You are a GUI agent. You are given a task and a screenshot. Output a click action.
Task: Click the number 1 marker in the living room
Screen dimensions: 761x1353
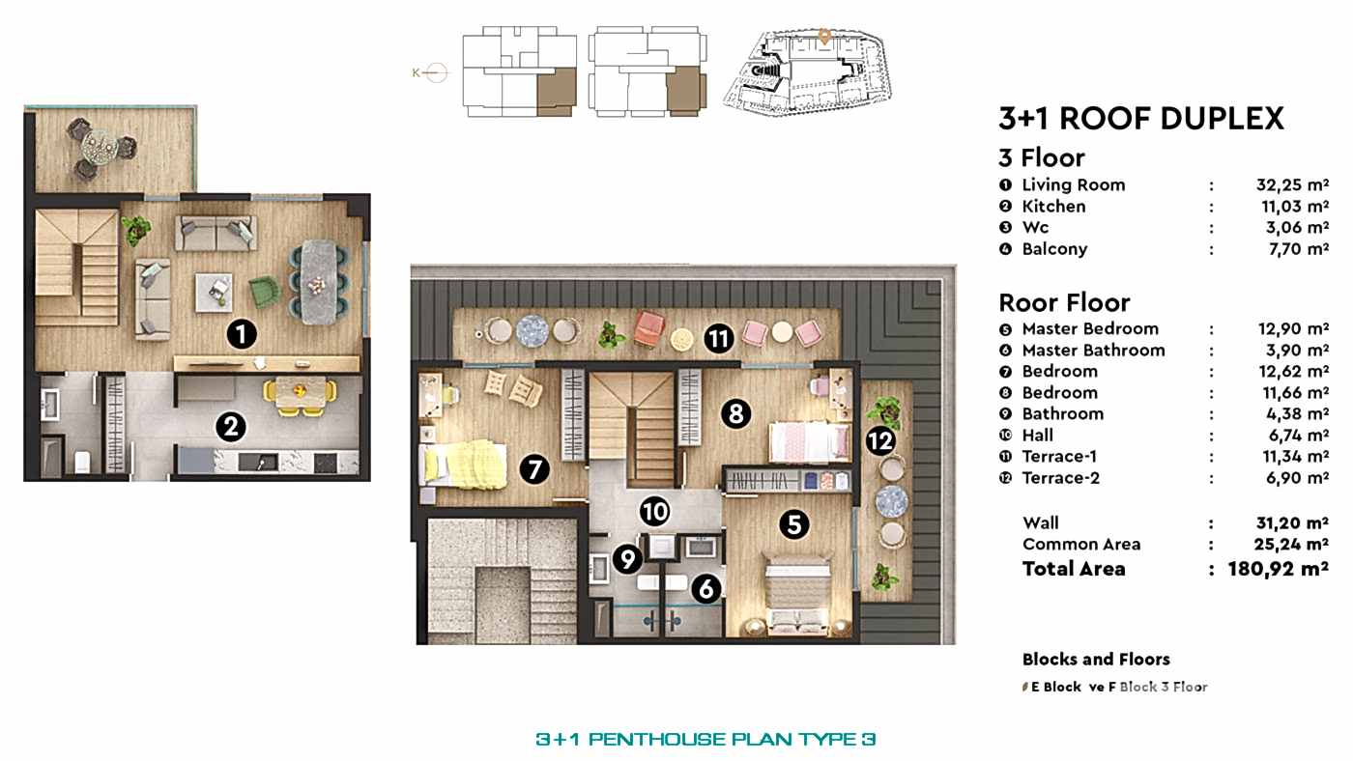(x=241, y=335)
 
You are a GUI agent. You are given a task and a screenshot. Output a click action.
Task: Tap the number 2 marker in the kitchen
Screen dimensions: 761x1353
(x=229, y=426)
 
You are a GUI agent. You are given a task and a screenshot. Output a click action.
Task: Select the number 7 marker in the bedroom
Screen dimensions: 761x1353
(x=534, y=469)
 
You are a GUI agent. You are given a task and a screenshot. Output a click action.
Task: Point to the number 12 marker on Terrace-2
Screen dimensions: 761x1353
(x=880, y=441)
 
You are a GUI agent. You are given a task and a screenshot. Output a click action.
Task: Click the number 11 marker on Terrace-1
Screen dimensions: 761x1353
(x=718, y=339)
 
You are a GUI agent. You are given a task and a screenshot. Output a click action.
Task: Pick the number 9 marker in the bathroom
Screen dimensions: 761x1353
(x=627, y=558)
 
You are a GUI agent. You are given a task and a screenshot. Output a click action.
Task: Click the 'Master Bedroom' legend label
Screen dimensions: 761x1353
(x=1089, y=328)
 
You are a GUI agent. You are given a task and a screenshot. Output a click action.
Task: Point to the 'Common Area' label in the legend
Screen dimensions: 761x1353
(x=1080, y=544)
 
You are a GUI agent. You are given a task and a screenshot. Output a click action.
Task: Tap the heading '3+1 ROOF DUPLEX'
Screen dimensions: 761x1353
(x=1140, y=119)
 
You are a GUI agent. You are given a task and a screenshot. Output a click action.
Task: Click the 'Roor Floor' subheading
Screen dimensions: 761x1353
(x=1063, y=302)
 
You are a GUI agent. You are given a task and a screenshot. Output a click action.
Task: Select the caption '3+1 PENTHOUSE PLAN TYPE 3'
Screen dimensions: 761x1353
(x=705, y=740)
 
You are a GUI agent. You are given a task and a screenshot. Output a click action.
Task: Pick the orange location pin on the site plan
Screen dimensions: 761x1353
(x=824, y=37)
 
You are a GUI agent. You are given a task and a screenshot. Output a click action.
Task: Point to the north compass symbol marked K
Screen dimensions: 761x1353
(x=435, y=72)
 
